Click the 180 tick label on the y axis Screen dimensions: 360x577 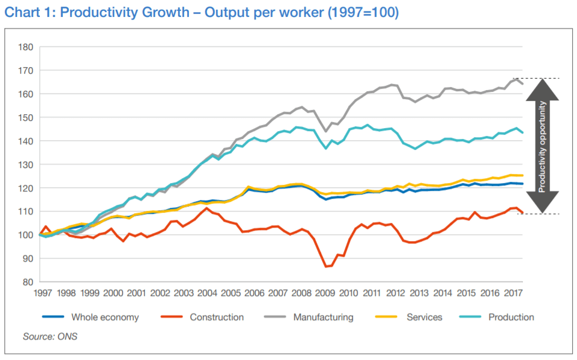tap(25, 47)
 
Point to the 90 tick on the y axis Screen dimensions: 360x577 tap(27, 259)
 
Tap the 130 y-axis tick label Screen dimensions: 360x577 tap(25, 164)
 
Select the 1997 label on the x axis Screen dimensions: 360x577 tap(42, 294)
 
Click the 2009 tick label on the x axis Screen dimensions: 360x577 tap(325, 294)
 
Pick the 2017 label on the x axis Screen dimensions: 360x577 tap(512, 294)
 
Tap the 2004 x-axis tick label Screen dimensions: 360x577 tap(207, 294)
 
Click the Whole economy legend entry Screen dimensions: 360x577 tap(104, 317)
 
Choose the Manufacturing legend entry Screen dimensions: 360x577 tap(323, 317)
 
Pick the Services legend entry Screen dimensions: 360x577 tap(425, 317)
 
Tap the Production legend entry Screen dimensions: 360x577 tap(511, 317)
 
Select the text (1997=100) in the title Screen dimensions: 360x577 tap(363, 13)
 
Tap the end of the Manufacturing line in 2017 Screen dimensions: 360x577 tap(522, 84)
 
